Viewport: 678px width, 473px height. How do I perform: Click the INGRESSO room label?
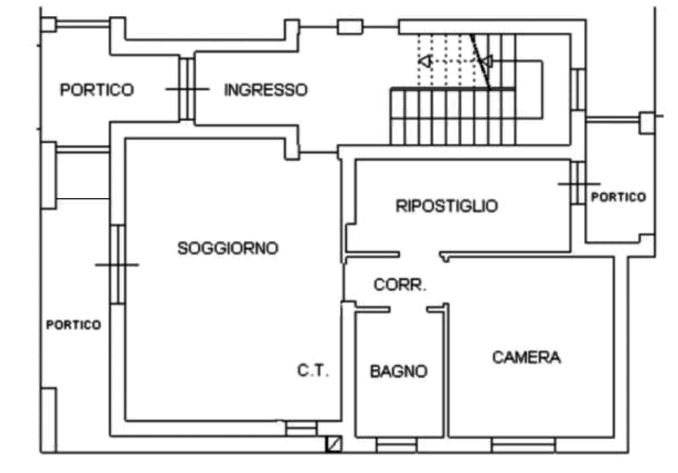[266, 90]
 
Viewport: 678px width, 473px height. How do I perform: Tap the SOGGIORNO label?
[228, 248]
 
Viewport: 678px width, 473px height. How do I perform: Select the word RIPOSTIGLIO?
[447, 206]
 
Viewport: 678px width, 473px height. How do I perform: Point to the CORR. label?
[400, 284]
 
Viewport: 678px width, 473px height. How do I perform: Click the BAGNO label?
[399, 371]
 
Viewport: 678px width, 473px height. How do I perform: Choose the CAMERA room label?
[526, 357]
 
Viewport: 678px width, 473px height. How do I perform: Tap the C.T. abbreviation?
[313, 370]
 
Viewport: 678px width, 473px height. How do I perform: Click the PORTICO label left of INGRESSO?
[97, 90]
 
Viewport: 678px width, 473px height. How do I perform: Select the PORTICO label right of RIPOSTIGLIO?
[618, 197]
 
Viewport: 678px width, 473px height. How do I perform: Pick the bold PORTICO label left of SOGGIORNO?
[73, 324]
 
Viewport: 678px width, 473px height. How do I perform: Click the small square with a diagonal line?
[334, 444]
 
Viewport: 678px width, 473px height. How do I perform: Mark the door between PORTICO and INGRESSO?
[187, 89]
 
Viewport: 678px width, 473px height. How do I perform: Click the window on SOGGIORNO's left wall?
[118, 265]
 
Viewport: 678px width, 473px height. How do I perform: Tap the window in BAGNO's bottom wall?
[397, 445]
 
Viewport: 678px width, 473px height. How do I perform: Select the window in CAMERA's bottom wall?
[523, 445]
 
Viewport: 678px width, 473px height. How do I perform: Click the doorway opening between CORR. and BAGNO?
[409, 310]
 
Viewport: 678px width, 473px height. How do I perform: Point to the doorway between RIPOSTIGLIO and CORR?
[419, 255]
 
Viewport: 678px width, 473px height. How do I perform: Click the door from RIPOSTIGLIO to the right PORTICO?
[578, 184]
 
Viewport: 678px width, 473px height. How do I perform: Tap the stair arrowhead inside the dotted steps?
[426, 61]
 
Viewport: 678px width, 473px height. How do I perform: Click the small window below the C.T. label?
[301, 429]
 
